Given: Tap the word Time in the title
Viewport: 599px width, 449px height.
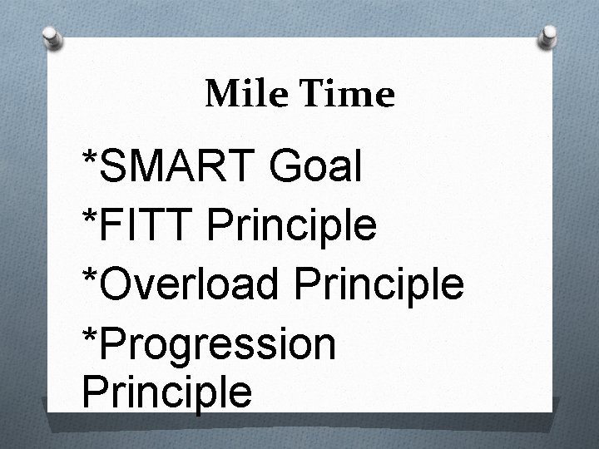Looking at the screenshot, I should pyautogui.click(x=341, y=96).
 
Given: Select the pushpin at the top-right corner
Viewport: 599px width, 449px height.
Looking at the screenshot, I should pyautogui.click(x=549, y=35).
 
